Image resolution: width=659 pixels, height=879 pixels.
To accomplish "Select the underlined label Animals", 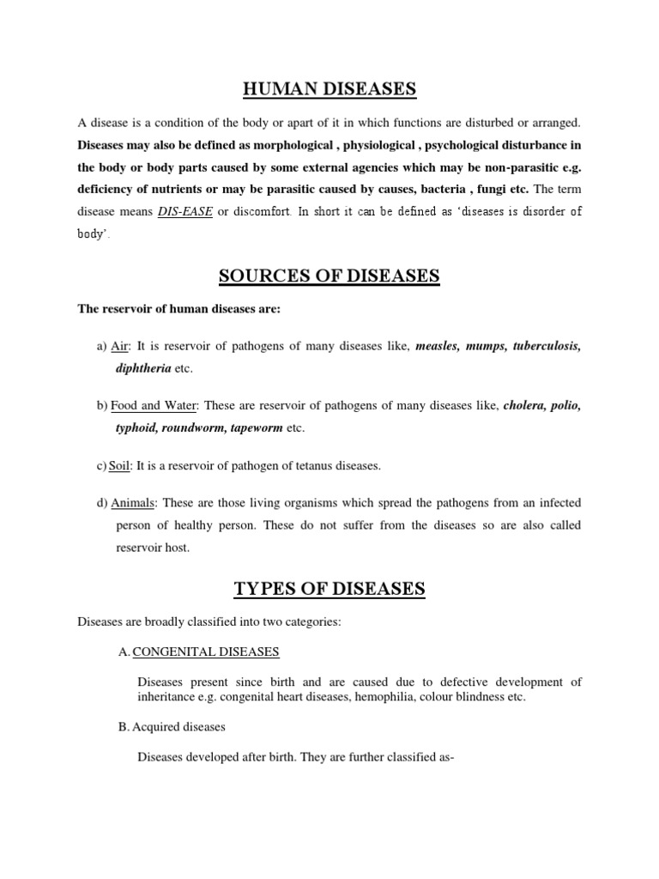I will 133,502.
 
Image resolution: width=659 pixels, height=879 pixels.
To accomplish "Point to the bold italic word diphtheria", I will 143,369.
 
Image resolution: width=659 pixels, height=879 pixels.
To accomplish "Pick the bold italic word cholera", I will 527,405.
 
